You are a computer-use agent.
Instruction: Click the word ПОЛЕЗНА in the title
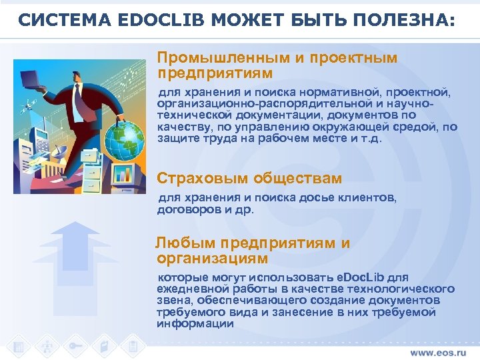401,21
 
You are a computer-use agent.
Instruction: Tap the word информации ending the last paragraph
195,325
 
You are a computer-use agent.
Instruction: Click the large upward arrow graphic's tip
75,225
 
